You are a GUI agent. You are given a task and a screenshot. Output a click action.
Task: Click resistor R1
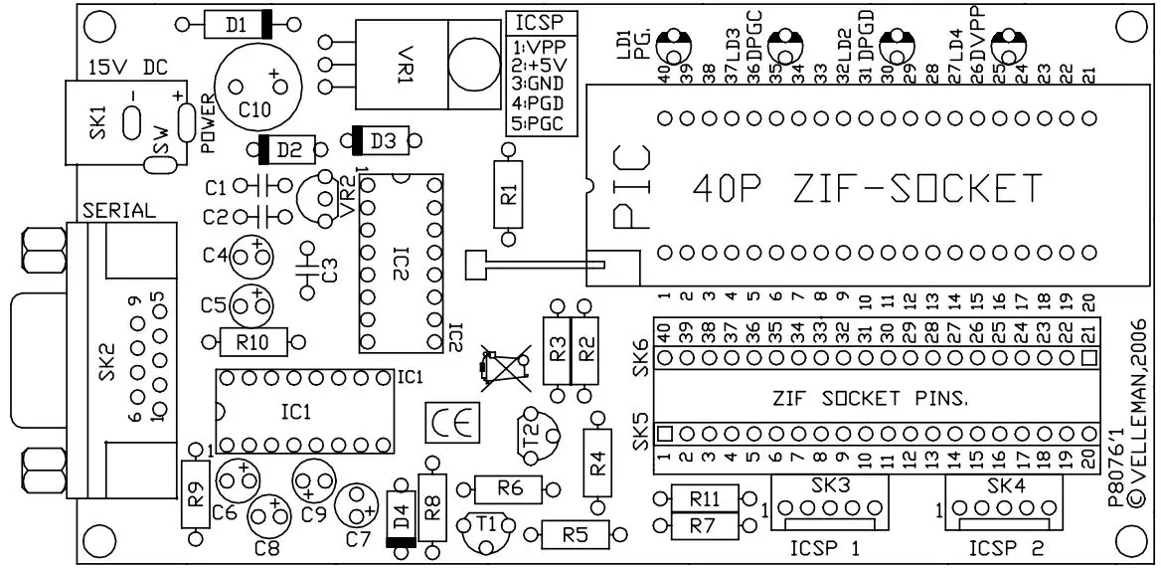[509, 194]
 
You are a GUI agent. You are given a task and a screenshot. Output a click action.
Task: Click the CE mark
[450, 422]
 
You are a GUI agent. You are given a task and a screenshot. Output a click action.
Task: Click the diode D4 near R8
[402, 518]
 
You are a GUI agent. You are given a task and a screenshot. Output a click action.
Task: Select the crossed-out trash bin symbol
[502, 366]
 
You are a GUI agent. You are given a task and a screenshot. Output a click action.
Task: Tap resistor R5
[575, 535]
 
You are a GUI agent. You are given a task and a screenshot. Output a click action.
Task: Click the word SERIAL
[120, 211]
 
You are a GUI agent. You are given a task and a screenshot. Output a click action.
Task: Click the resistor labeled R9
[196, 494]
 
